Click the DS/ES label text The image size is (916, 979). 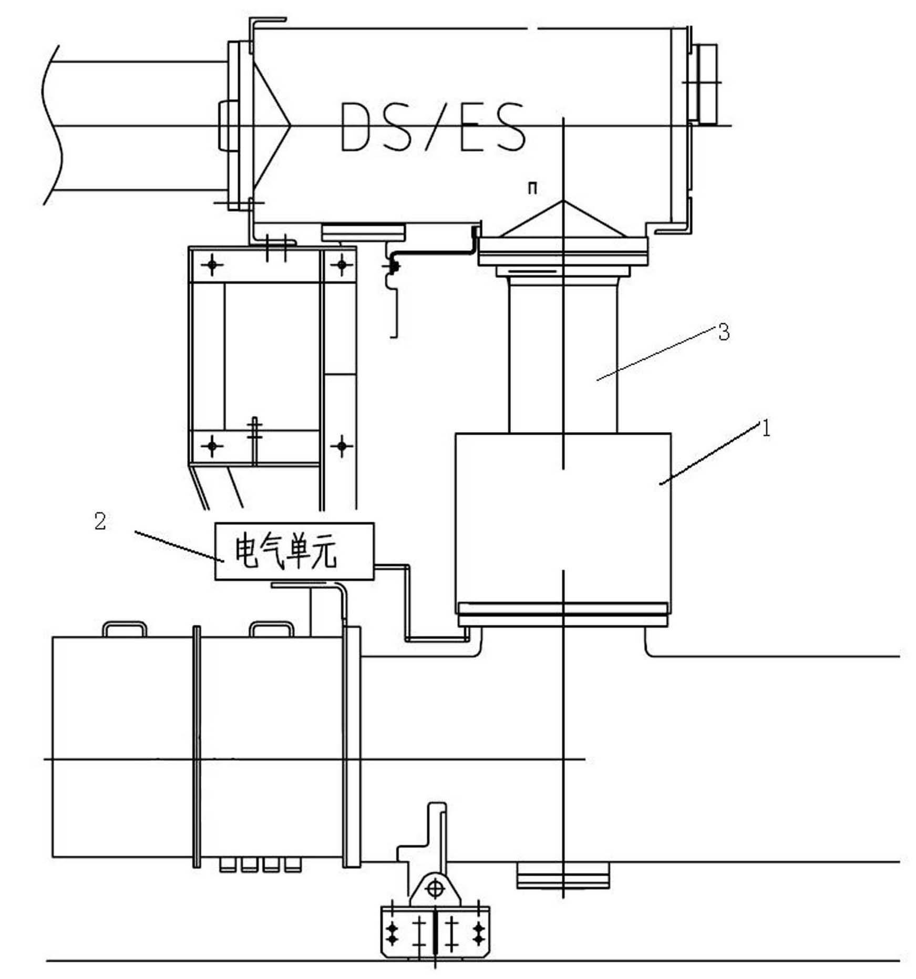tap(433, 127)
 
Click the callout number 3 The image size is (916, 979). tap(724, 332)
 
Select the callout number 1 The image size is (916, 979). tap(766, 429)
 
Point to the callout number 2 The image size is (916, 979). tap(100, 521)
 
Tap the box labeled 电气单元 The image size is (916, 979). tap(294, 551)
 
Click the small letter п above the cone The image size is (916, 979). tap(532, 188)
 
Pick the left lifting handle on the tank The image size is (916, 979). tap(125, 629)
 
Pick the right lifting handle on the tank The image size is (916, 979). tap(272, 629)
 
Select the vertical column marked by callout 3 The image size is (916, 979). tap(563, 357)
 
